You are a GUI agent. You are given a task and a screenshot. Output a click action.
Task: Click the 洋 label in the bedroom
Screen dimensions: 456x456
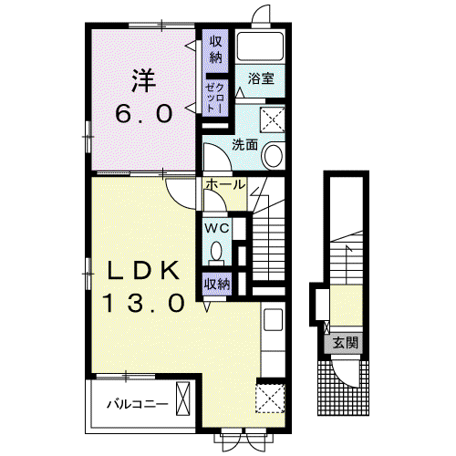(x=144, y=81)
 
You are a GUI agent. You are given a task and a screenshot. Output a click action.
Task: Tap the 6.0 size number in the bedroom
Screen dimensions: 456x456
(x=144, y=114)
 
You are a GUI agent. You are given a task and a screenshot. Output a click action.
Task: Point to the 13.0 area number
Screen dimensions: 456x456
(x=145, y=303)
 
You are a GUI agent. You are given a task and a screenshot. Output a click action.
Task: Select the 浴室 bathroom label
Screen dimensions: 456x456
(x=261, y=78)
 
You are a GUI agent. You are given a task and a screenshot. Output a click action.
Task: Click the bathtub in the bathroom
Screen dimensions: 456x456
(x=260, y=47)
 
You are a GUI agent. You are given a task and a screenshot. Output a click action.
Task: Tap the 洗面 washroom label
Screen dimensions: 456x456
(x=244, y=145)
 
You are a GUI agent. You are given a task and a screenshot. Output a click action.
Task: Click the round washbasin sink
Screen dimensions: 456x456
(x=273, y=155)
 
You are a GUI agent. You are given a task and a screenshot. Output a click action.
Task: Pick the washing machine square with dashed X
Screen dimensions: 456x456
(x=273, y=119)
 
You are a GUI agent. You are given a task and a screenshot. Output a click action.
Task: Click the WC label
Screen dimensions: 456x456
(x=216, y=228)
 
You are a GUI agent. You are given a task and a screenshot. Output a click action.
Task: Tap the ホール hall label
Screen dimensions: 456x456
(x=225, y=184)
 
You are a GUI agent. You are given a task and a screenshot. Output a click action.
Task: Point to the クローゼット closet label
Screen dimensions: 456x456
(x=215, y=98)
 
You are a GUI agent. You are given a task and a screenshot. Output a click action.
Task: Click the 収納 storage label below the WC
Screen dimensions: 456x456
(x=217, y=285)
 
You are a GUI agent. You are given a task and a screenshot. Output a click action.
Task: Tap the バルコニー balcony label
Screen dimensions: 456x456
(x=137, y=404)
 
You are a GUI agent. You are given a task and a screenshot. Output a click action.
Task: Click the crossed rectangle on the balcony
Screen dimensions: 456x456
(x=183, y=399)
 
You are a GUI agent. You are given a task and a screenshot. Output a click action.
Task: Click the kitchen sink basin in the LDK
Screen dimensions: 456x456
(x=274, y=319)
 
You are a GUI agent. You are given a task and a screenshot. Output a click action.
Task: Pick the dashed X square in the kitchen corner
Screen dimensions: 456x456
(x=270, y=399)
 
